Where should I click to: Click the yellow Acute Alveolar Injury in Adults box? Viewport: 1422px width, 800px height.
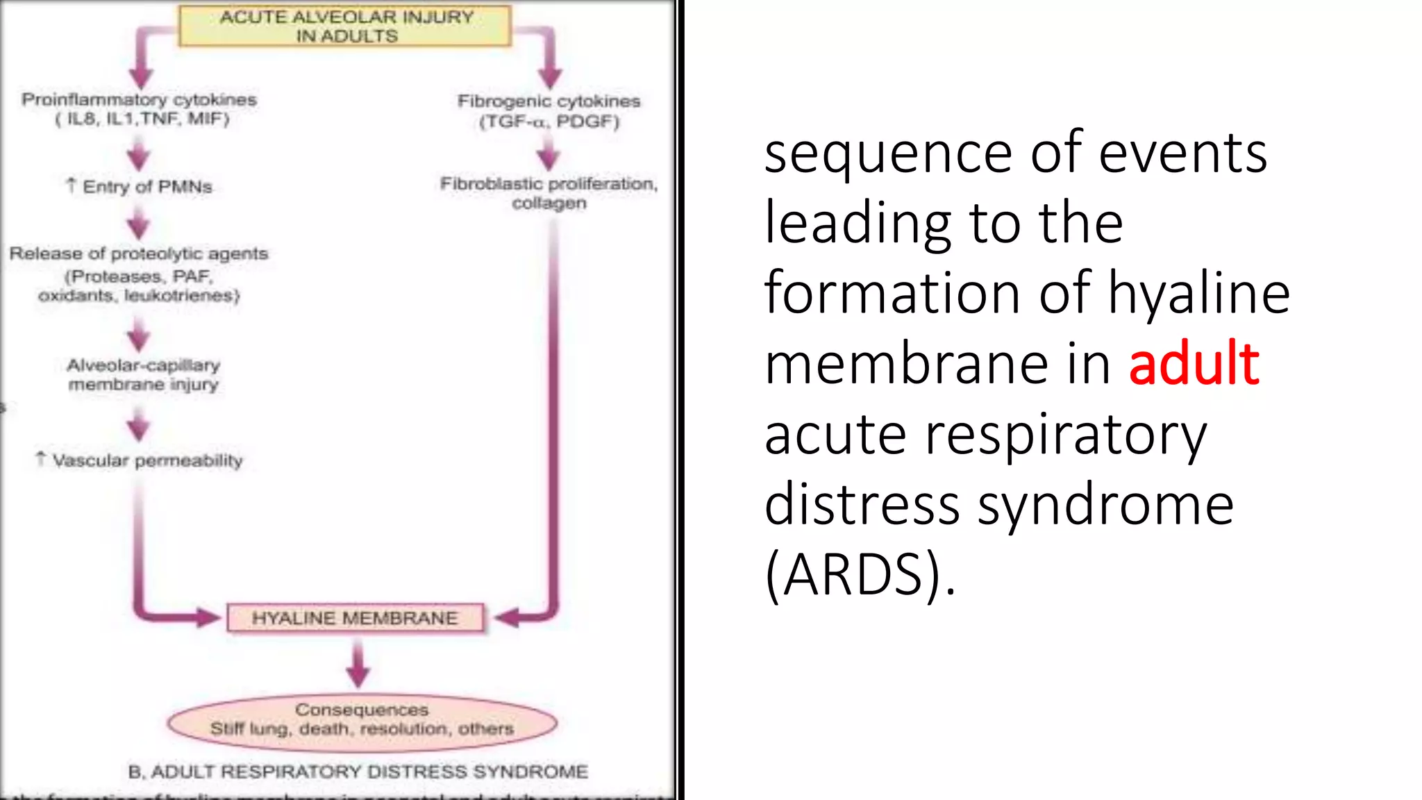[x=345, y=26]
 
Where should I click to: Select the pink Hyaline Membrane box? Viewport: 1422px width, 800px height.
[x=355, y=618]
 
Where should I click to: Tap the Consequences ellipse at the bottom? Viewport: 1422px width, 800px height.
[x=362, y=722]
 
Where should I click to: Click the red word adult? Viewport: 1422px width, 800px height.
[x=1194, y=363]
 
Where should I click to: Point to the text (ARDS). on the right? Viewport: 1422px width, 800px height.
[x=860, y=574]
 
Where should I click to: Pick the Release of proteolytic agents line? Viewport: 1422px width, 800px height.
[x=139, y=253]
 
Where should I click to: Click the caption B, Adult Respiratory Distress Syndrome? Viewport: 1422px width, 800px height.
[x=358, y=772]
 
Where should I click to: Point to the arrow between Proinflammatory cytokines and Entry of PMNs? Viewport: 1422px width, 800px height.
[x=139, y=154]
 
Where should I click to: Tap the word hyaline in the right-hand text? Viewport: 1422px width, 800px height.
[x=1198, y=293]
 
